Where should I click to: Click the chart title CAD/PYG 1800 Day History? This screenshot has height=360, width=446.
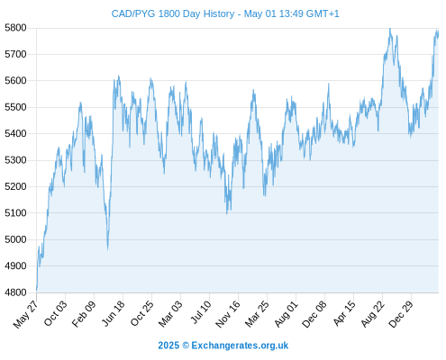pyautogui.click(x=173, y=13)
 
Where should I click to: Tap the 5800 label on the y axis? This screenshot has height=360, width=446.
pyautogui.click(x=15, y=28)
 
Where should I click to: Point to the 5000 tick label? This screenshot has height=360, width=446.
pyautogui.click(x=15, y=239)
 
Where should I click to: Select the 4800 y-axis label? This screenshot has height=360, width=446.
pyautogui.click(x=15, y=292)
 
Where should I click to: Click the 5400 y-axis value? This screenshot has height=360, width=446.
pyautogui.click(x=15, y=134)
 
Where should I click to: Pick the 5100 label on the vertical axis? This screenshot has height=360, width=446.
pyautogui.click(x=15, y=213)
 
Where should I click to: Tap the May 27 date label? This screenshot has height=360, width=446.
pyautogui.click(x=26, y=314)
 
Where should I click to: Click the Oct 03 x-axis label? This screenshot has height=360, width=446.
pyautogui.click(x=56, y=313)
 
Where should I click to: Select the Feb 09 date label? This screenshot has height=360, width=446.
pyautogui.click(x=84, y=313)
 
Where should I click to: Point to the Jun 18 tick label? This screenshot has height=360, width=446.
pyautogui.click(x=113, y=313)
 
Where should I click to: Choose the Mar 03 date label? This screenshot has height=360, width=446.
pyautogui.click(x=170, y=314)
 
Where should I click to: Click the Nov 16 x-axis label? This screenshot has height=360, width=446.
pyautogui.click(x=228, y=314)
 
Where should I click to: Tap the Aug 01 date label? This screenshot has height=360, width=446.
pyautogui.click(x=286, y=314)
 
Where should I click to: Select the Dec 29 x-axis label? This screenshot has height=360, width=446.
pyautogui.click(x=401, y=314)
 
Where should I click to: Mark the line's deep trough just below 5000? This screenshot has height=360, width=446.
pyautogui.click(x=107, y=249)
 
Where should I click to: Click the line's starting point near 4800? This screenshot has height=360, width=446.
pyautogui.click(x=37, y=290)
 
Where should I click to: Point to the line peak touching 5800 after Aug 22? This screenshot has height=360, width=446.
pyautogui.click(x=390, y=29)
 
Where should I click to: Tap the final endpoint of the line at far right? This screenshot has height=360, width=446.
pyautogui.click(x=438, y=32)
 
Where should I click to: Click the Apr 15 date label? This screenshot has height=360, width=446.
pyautogui.click(x=343, y=313)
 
